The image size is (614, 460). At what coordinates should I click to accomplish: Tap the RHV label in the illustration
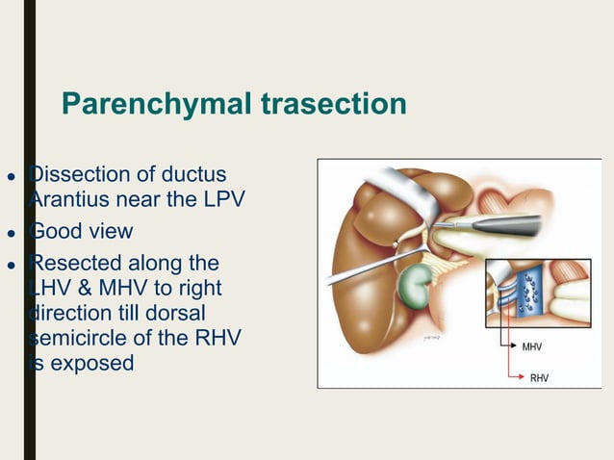pos(539,378)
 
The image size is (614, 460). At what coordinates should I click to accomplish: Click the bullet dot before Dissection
pos(11,177)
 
